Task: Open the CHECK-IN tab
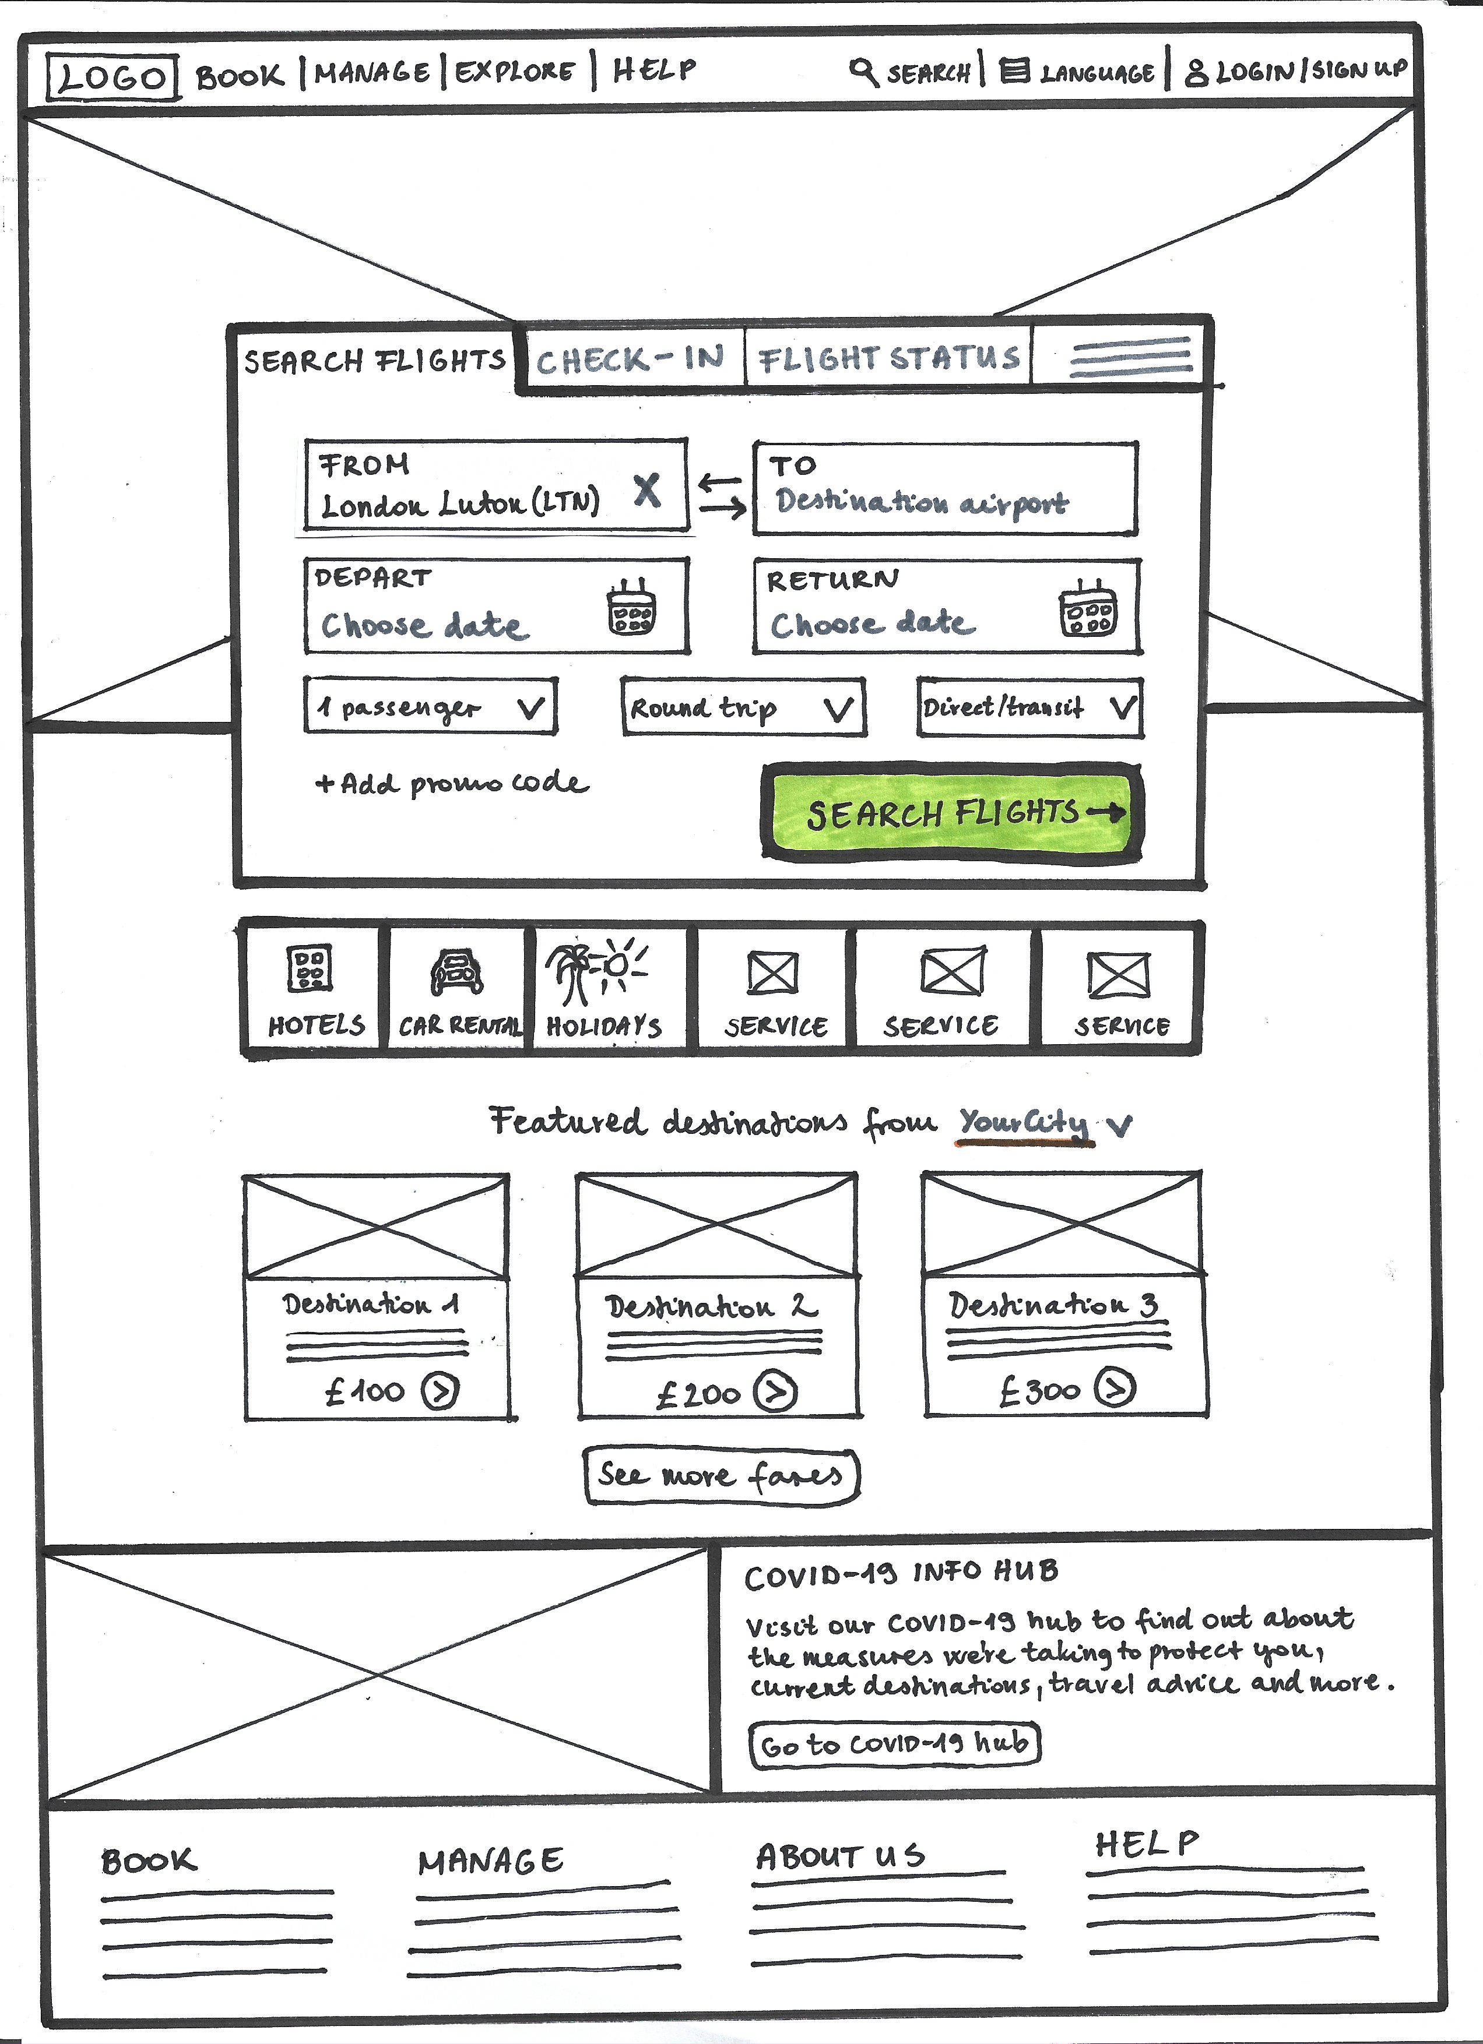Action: (x=631, y=361)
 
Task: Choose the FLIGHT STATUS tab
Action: (x=890, y=359)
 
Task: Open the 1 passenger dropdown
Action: (x=431, y=707)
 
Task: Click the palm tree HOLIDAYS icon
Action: (x=595, y=971)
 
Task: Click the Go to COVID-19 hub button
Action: (x=894, y=1744)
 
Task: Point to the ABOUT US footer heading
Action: (x=840, y=1856)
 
